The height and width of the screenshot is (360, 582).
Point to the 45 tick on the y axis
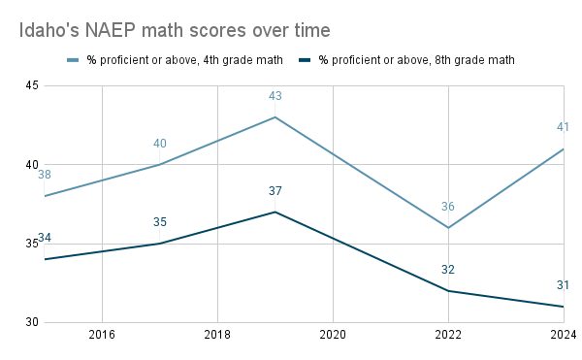[x=31, y=85]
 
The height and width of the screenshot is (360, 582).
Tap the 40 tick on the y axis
[x=31, y=164]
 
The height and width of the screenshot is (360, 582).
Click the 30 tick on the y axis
[x=31, y=322]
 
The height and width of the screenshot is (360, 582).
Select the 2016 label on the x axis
[x=102, y=335]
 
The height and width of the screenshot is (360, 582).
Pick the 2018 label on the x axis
[x=217, y=335]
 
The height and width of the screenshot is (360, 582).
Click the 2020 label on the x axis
[x=333, y=335]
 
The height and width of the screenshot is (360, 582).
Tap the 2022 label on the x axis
[x=448, y=335]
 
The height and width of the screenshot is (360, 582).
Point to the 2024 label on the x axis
[x=562, y=335]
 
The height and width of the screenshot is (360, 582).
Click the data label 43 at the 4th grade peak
[x=275, y=96]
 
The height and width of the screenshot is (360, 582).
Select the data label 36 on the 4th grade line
[x=448, y=207]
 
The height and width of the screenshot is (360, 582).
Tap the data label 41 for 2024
[x=564, y=126]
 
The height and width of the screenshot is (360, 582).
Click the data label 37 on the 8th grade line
[x=275, y=191]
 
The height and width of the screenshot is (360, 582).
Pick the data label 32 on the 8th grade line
[x=448, y=270]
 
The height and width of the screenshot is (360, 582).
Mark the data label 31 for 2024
[x=564, y=285]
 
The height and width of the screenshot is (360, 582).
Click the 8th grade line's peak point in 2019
[x=275, y=212]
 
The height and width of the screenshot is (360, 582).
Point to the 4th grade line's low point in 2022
[x=448, y=228]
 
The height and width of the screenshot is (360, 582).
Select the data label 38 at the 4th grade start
[x=45, y=175]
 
